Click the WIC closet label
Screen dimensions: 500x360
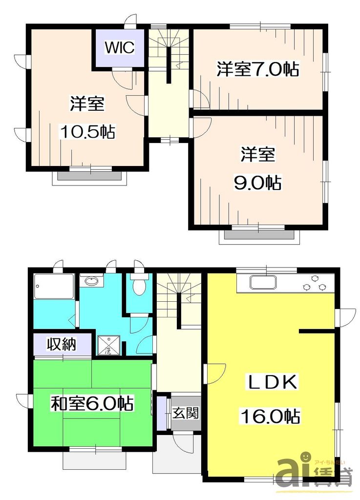119,47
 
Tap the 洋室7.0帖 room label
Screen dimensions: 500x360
258,70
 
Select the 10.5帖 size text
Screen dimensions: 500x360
87,131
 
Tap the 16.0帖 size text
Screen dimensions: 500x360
270,417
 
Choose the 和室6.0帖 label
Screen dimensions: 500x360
93,404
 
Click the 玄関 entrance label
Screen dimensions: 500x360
185,414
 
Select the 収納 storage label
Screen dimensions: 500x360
62,345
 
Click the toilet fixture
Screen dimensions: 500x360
139,286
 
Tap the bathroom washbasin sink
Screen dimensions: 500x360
91,281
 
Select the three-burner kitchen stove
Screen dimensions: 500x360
315,283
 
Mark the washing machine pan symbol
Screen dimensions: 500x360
107,345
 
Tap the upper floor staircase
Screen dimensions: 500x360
169,49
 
